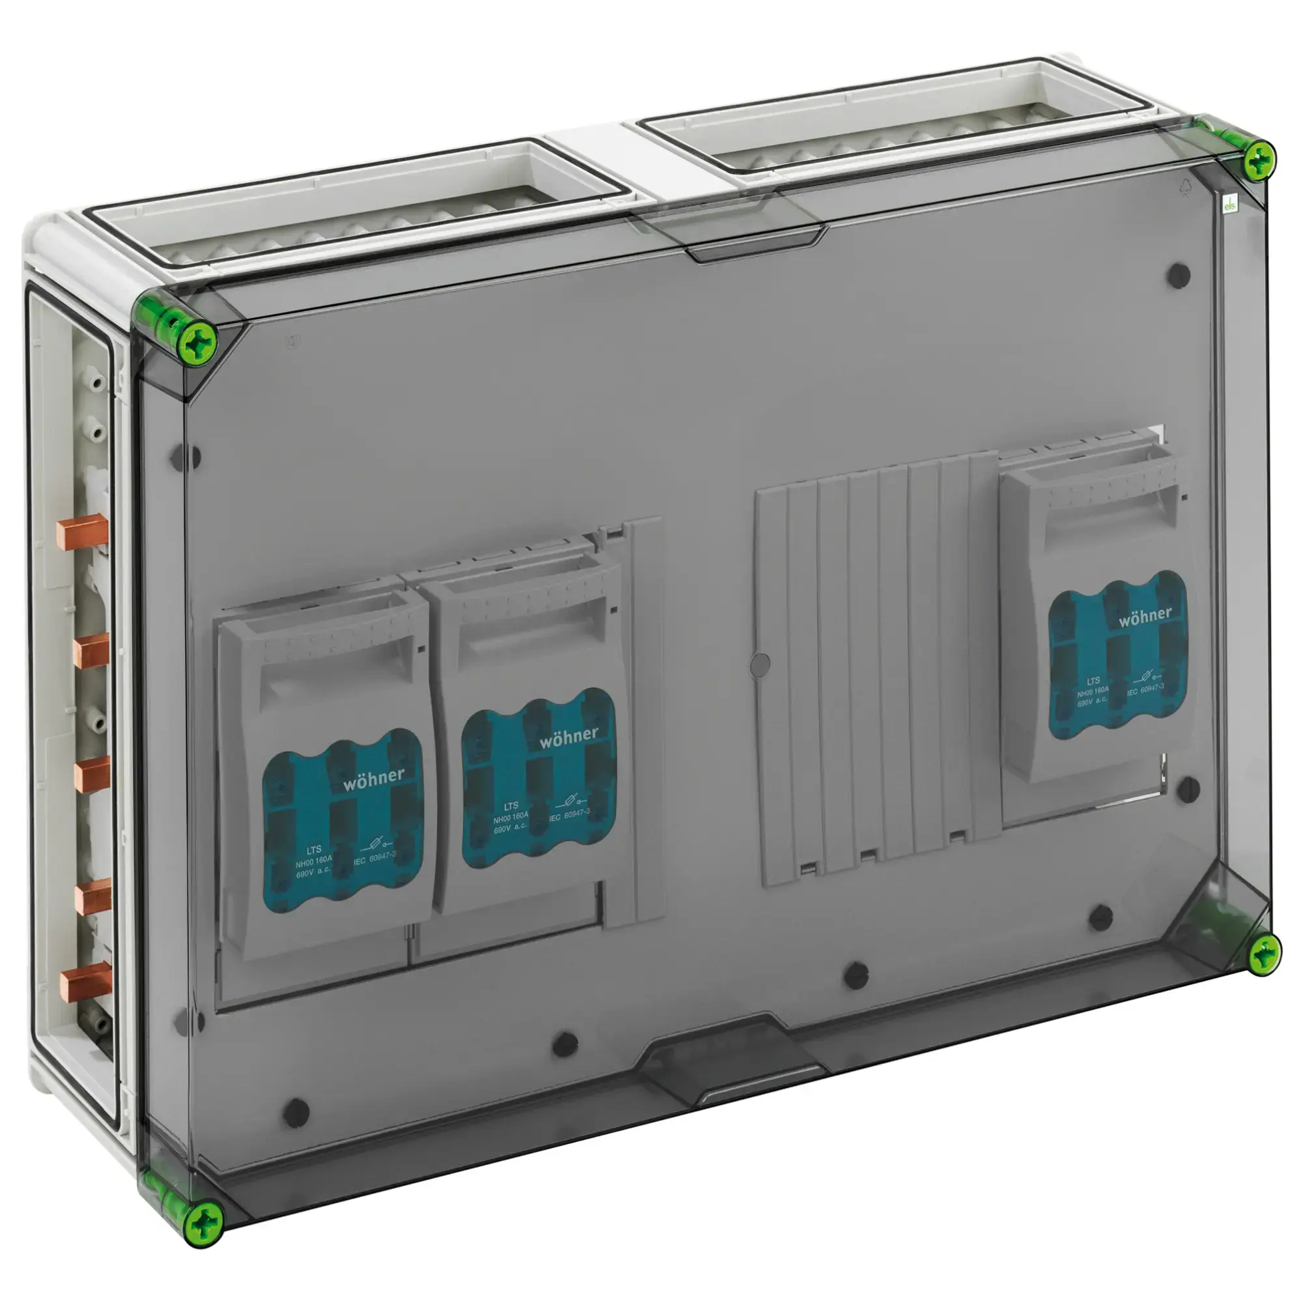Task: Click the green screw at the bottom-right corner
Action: (1263, 955)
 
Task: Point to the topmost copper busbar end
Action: (82, 532)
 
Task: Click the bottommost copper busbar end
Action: (84, 984)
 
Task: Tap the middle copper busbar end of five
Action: (91, 774)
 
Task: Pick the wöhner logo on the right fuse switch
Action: (1145, 615)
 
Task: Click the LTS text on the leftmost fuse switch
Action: (313, 850)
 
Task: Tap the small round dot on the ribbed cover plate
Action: (760, 665)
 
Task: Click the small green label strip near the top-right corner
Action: (1229, 204)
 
